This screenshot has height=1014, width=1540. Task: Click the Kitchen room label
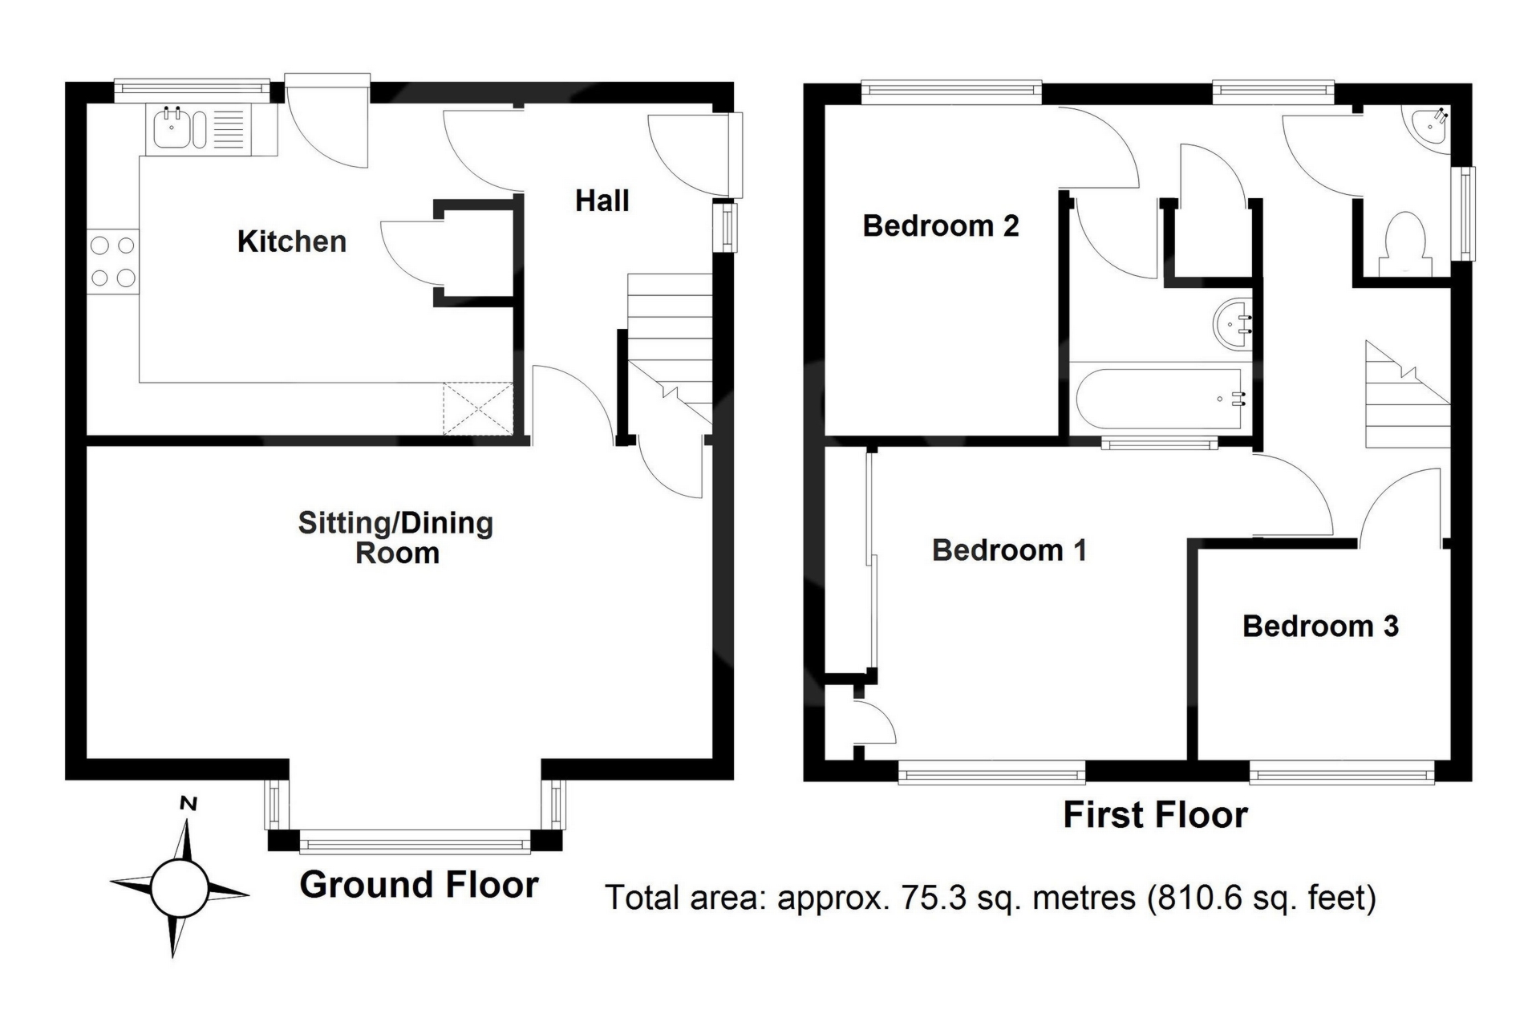(x=292, y=241)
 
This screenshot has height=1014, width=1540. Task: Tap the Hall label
(x=602, y=201)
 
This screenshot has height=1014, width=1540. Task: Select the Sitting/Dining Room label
(x=396, y=537)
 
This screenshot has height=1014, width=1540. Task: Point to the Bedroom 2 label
(x=941, y=226)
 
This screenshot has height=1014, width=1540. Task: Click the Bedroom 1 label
(x=1010, y=550)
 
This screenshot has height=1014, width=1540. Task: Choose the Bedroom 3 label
(x=1321, y=626)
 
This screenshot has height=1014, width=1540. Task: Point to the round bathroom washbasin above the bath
(x=1233, y=323)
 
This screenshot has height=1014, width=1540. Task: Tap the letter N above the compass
(x=188, y=803)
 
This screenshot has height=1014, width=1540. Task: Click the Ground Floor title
(x=419, y=885)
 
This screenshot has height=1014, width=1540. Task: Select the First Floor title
(x=1156, y=815)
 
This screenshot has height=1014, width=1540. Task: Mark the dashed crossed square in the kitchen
(x=478, y=409)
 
